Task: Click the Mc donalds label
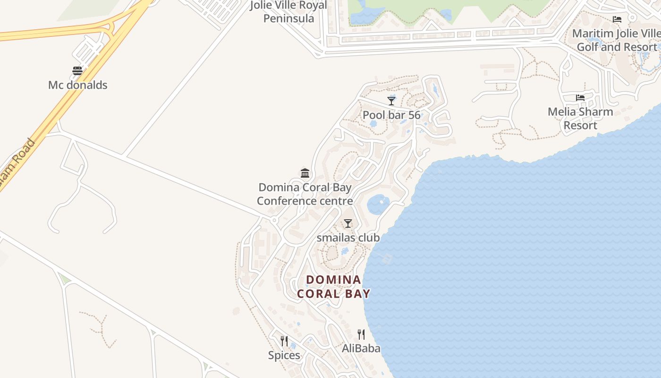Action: (x=78, y=85)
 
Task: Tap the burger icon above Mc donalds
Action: (x=77, y=71)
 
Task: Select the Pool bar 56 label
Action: (x=391, y=115)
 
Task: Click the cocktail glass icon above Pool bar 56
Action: (x=391, y=101)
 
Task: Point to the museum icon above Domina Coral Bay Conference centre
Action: (x=305, y=173)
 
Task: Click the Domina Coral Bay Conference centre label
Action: (x=305, y=194)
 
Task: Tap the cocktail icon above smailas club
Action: (x=348, y=223)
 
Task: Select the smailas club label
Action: (x=348, y=238)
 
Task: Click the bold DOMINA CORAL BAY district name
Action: (x=334, y=286)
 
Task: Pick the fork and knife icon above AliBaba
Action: (x=361, y=335)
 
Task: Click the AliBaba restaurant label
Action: (x=361, y=349)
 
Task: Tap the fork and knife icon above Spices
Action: (x=284, y=341)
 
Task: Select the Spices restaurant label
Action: (x=284, y=355)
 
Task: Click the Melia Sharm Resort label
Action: (x=580, y=119)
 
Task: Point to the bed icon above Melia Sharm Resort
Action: (x=580, y=98)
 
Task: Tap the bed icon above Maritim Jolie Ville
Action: (x=617, y=19)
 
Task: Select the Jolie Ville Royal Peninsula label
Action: (x=288, y=12)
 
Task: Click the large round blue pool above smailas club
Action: (x=378, y=204)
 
